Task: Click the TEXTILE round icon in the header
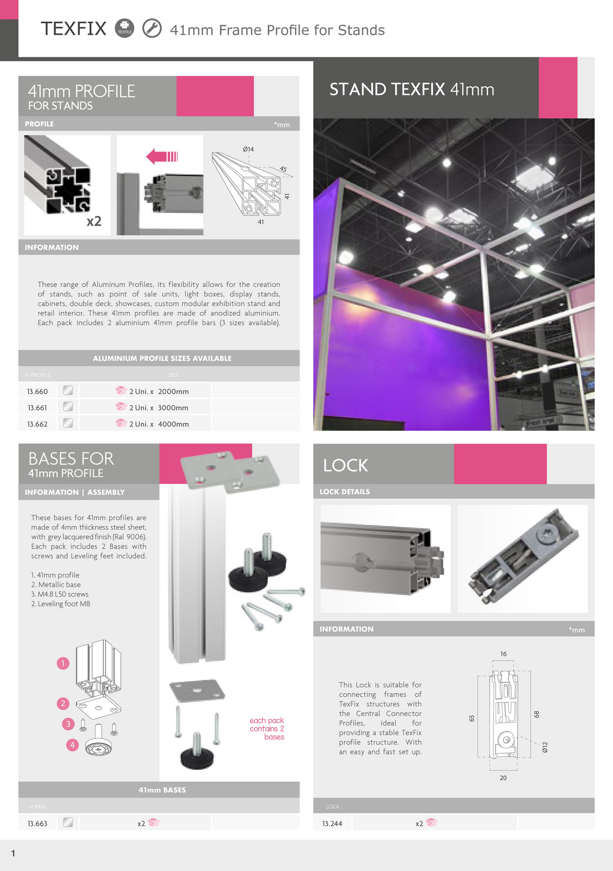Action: pos(124,28)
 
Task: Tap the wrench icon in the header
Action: pos(152,28)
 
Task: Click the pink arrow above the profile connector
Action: pos(162,157)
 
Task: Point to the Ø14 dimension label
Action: pos(248,149)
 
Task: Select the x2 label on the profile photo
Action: pos(94,221)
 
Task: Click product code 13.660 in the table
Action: pos(37,391)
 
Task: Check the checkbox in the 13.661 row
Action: pos(68,406)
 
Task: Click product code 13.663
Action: pos(37,823)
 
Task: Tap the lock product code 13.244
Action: pos(332,823)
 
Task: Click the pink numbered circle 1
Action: pos(63,663)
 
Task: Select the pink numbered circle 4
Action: pos(72,745)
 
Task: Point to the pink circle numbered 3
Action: pos(68,723)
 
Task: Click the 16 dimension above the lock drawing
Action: pos(503,654)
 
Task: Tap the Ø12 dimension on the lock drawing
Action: pos(544,747)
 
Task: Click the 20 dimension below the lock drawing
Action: pos(503,778)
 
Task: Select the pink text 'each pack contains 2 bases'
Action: pos(267,728)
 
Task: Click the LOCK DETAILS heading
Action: pos(345,491)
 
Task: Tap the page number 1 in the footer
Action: pos(13,853)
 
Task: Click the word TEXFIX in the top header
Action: pos(74,29)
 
